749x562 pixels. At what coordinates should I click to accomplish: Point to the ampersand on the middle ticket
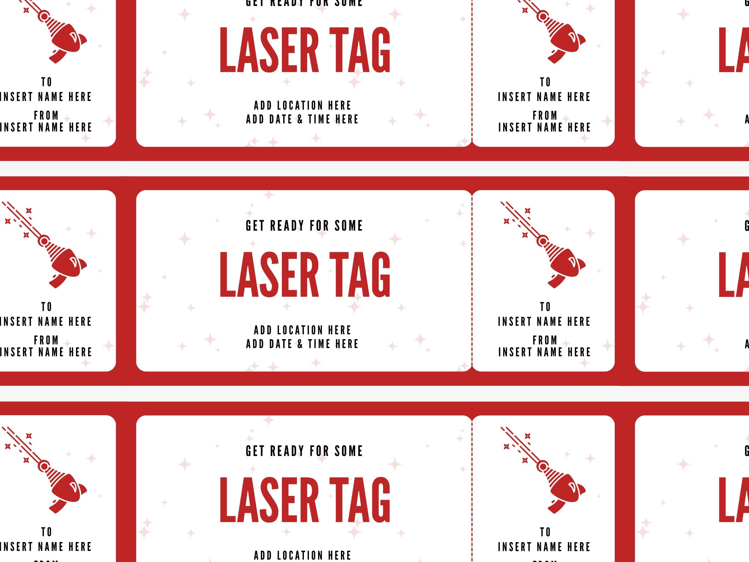pyautogui.click(x=300, y=344)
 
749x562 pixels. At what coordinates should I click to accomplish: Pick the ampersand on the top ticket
pyautogui.click(x=300, y=120)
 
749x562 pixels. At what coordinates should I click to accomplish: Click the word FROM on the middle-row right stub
pyautogui.click(x=545, y=340)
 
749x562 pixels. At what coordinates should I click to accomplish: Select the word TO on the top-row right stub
pyautogui.click(x=545, y=82)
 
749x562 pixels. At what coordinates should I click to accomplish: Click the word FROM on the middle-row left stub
pyautogui.click(x=46, y=340)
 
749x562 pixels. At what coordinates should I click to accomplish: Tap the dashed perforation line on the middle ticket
pyautogui.click(x=472, y=281)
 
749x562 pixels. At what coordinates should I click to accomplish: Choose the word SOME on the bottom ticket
pyautogui.click(x=348, y=451)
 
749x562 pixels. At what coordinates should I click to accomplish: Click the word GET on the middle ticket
pyautogui.click(x=255, y=226)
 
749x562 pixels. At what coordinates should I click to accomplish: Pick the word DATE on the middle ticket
pyautogui.click(x=281, y=344)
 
